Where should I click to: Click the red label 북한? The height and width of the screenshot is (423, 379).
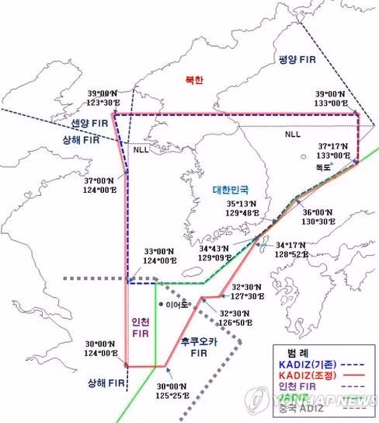tap(193, 80)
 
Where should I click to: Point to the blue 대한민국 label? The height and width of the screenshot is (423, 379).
tap(233, 189)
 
